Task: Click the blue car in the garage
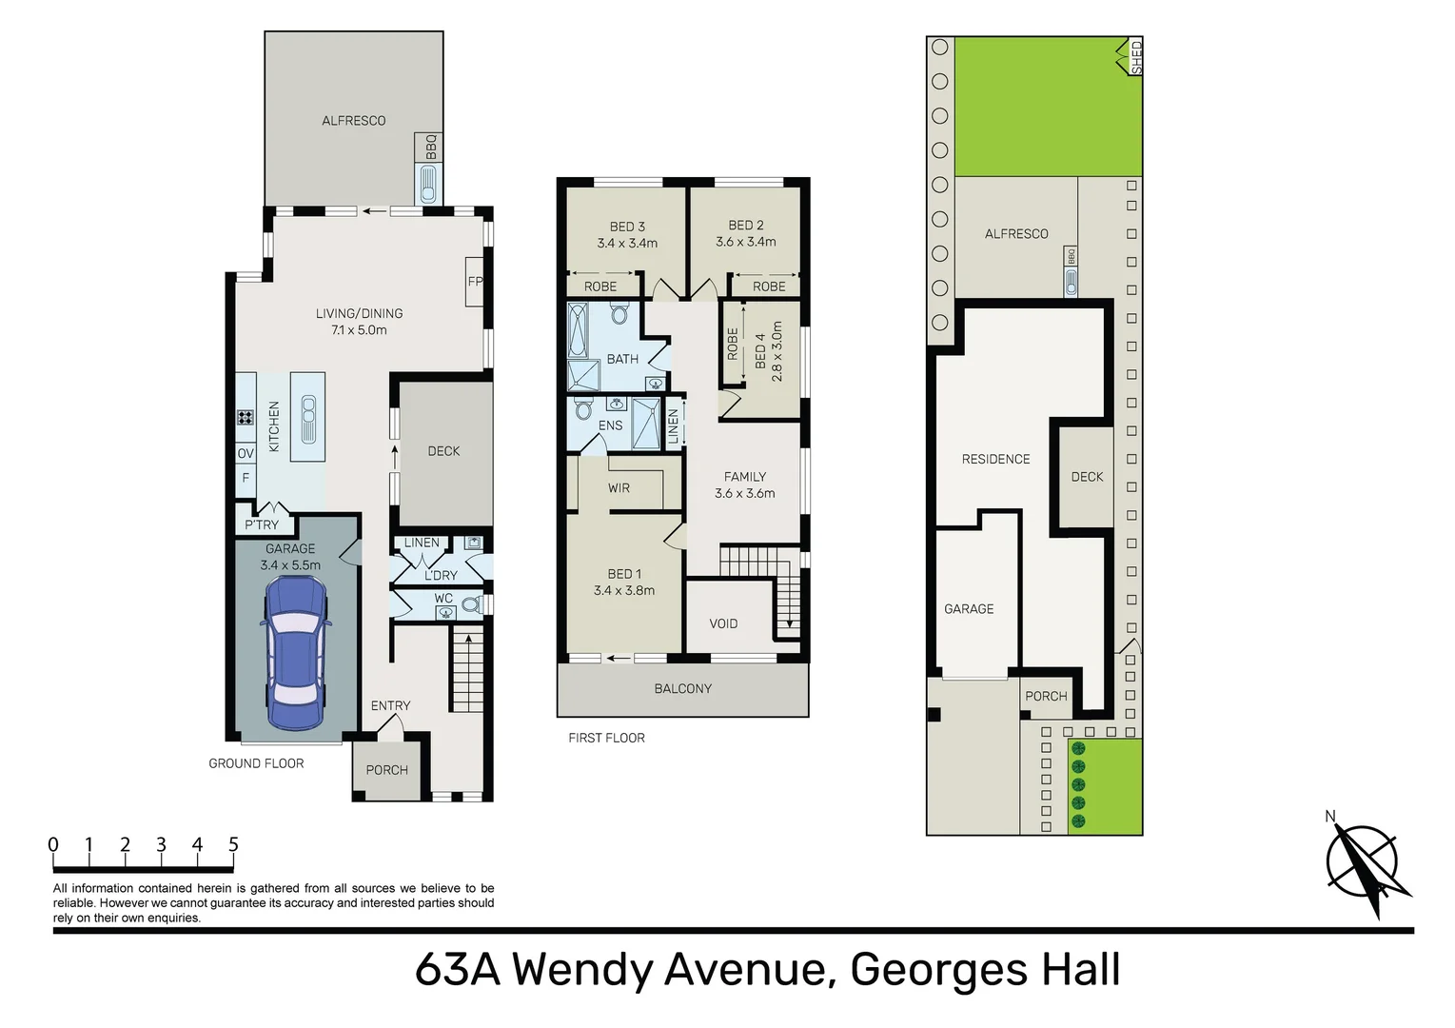296,652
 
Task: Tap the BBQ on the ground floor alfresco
429,182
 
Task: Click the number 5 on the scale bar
233,844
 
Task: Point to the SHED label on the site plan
1135,57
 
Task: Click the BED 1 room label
624,574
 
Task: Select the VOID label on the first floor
723,623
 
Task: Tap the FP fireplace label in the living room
475,281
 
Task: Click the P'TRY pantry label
262,524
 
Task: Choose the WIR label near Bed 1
619,488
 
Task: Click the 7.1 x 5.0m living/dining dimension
359,330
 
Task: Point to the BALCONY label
682,688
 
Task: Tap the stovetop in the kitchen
245,417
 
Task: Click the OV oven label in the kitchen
246,453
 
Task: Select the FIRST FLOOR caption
606,738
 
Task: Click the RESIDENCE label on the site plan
995,459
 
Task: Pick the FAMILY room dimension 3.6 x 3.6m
744,493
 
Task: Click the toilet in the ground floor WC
470,604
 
